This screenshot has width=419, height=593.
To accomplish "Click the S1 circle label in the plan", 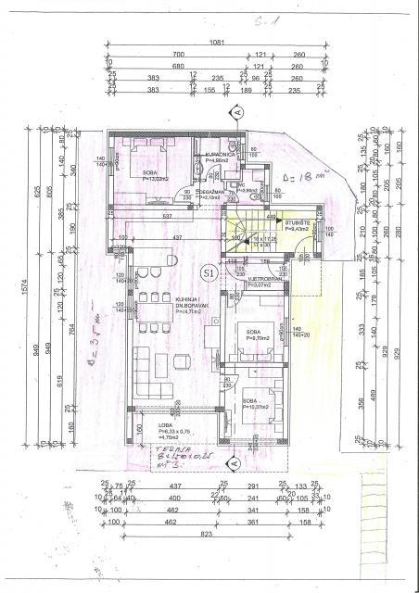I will pyautogui.click(x=209, y=271).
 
